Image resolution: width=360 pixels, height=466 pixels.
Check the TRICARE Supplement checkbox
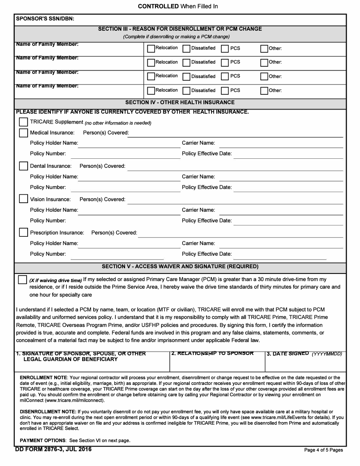click(x=23, y=122)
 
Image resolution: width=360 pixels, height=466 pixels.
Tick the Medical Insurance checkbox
click(x=23, y=133)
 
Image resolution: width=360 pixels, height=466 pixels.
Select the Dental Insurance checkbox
click(x=23, y=166)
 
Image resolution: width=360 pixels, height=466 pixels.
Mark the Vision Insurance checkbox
click(x=23, y=199)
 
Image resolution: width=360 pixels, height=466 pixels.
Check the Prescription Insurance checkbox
click(x=23, y=232)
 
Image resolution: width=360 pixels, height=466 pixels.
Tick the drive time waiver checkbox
click(x=22, y=280)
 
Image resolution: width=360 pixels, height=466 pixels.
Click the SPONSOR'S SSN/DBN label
click(x=45, y=19)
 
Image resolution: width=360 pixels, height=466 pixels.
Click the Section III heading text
click(x=180, y=29)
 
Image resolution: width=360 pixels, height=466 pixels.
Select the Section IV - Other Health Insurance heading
click(x=180, y=102)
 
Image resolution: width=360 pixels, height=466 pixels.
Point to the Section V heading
click(x=180, y=266)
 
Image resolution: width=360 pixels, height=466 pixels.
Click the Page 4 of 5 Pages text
click(x=323, y=450)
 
